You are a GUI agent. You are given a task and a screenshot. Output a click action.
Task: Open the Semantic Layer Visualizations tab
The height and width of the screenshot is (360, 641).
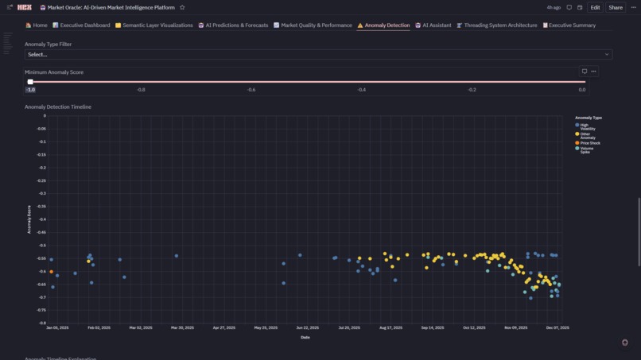click(157, 25)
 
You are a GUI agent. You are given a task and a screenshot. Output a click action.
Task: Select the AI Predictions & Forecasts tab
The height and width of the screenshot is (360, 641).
click(236, 25)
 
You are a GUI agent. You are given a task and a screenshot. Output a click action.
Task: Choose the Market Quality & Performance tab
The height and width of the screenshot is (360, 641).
click(316, 25)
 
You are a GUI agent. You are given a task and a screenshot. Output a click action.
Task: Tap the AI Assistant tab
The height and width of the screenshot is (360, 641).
click(437, 25)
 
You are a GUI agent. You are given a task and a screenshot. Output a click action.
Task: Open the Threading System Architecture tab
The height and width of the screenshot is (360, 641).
click(500, 25)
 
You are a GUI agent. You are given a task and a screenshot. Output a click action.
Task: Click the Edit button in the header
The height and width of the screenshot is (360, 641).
click(595, 7)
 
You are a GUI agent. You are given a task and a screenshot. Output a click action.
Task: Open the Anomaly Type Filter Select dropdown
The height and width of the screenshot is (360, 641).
click(318, 55)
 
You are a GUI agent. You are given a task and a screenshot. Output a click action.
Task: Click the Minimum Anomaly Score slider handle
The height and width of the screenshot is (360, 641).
click(30, 82)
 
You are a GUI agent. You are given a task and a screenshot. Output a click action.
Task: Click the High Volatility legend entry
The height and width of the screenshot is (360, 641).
click(587, 126)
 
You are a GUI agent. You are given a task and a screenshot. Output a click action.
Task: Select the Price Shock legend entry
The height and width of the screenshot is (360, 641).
click(589, 143)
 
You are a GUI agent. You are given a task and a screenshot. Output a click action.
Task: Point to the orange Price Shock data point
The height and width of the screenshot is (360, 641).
click(52, 272)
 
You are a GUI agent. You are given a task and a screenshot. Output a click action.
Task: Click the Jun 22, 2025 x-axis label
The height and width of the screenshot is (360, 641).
click(307, 327)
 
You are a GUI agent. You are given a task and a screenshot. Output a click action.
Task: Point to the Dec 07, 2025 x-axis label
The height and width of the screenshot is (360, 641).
click(557, 327)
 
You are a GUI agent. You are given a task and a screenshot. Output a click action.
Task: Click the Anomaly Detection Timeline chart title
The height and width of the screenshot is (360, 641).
click(58, 106)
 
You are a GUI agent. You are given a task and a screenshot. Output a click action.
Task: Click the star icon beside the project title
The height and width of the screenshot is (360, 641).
click(182, 7)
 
